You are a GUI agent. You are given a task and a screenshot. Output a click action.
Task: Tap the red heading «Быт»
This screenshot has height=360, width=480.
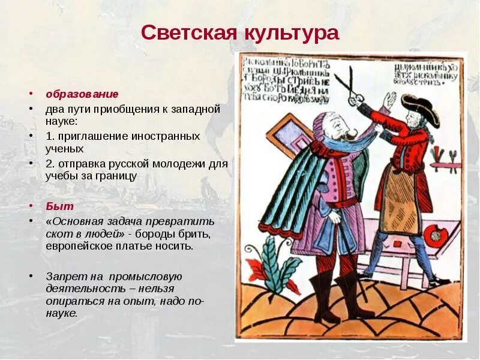click(60, 206)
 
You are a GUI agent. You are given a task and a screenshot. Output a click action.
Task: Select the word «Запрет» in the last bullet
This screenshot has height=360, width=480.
click(64, 277)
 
